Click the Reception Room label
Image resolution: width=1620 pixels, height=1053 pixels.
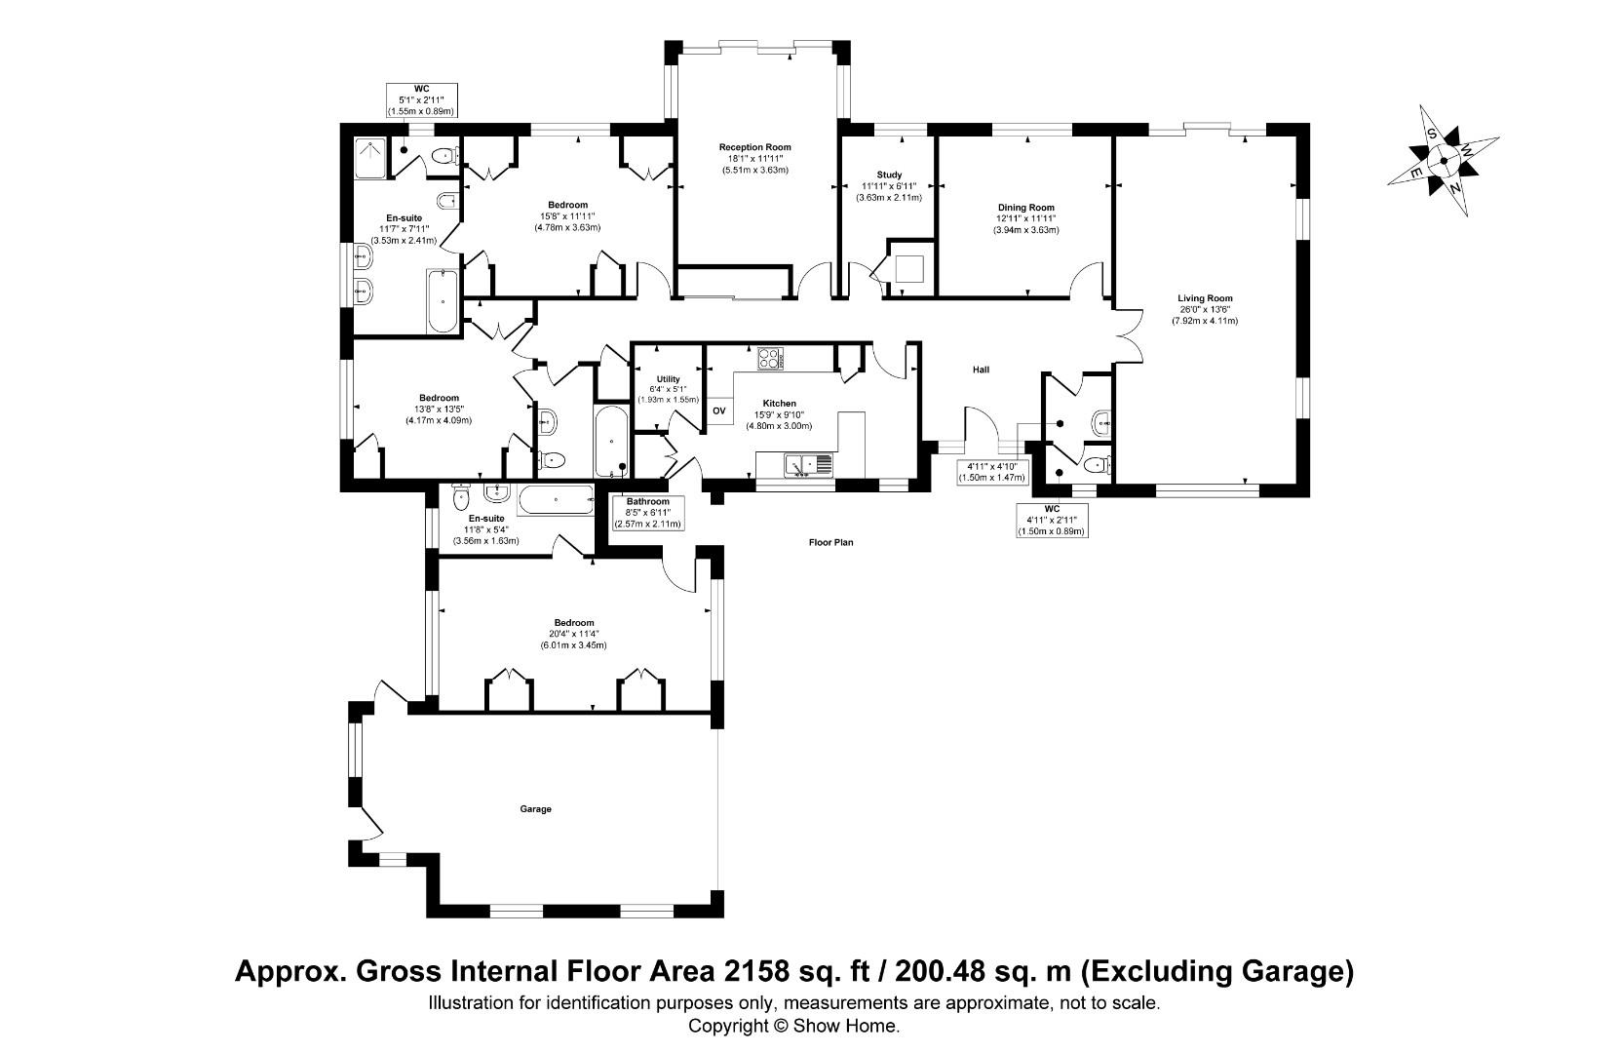click(x=754, y=147)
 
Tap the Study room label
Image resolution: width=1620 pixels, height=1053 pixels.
click(x=889, y=175)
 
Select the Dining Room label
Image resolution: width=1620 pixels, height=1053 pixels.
click(x=1025, y=208)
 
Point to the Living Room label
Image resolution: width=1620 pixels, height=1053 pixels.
click(x=1205, y=298)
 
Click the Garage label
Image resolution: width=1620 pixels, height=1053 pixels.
click(x=535, y=809)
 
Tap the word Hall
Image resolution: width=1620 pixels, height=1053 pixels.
click(x=981, y=370)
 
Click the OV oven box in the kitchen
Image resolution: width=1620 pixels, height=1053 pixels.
click(x=719, y=410)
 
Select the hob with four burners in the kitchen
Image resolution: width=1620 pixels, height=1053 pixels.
click(x=771, y=359)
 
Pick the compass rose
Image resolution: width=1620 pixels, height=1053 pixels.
click(x=1443, y=161)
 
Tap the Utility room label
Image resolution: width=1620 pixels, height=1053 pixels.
click(x=668, y=379)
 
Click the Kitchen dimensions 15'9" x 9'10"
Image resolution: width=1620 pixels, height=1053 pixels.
click(x=779, y=415)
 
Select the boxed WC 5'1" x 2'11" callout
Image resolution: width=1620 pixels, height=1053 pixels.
click(x=422, y=99)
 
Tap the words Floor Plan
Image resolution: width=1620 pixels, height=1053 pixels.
click(x=830, y=542)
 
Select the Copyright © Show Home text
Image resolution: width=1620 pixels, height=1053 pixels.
click(x=793, y=1026)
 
